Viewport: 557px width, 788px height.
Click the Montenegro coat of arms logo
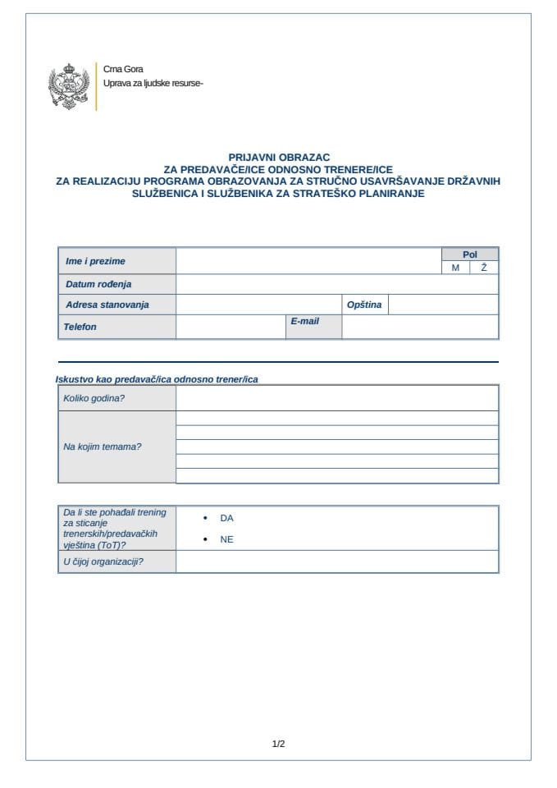69,86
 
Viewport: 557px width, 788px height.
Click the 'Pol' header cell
469,254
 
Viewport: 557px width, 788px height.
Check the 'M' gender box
455,268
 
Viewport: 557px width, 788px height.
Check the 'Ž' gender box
484,268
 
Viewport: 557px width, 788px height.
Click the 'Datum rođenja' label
98,284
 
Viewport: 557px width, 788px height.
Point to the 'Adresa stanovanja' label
107,305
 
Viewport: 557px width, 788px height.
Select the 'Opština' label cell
364,305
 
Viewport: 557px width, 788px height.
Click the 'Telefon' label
80,327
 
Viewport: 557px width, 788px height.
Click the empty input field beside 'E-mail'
419,327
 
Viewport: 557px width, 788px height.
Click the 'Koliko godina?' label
94,398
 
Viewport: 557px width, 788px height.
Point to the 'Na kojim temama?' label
103,447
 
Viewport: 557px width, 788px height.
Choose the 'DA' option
226,519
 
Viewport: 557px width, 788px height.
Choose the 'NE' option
226,539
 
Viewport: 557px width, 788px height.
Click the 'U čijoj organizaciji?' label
103,561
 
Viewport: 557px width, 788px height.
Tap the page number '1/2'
278,744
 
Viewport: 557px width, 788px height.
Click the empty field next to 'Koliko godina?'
336,398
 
